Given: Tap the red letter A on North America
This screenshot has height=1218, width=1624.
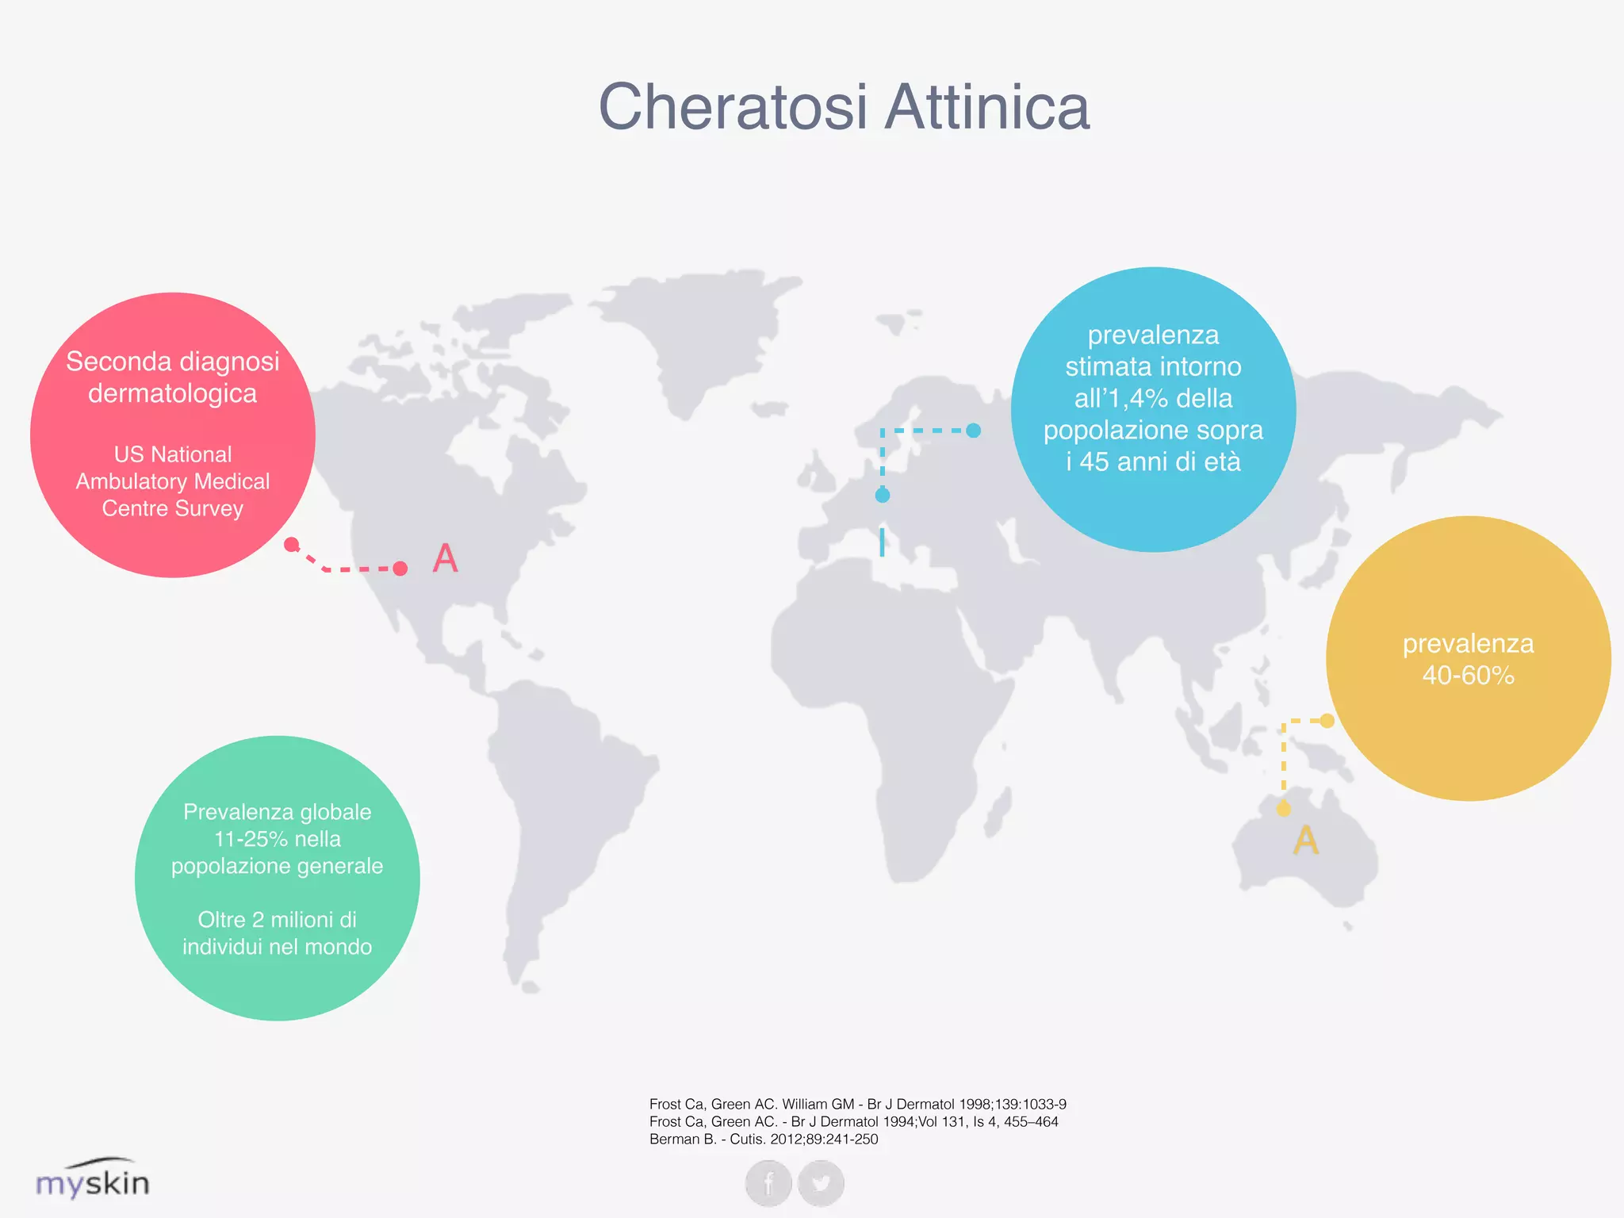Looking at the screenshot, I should click(x=446, y=558).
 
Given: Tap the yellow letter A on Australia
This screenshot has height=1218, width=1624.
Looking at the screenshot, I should click(x=1306, y=841).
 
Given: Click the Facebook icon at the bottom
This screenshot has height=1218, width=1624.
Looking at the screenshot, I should click(x=768, y=1183).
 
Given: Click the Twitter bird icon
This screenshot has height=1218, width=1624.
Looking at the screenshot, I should click(x=821, y=1183).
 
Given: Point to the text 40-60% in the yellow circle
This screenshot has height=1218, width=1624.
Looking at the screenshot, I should click(x=1468, y=676).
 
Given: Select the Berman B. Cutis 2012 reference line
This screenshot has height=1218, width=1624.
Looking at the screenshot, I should click(x=764, y=1139).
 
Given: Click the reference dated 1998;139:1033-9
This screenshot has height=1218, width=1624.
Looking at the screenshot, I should click(x=857, y=1104).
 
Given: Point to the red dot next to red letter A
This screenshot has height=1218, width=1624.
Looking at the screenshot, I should click(x=400, y=569).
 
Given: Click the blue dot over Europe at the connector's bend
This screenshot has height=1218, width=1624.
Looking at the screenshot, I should click(x=883, y=496).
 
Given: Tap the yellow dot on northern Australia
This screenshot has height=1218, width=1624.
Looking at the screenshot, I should click(x=1284, y=809).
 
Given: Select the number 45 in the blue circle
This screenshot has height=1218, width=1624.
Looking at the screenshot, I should click(x=1095, y=462).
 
